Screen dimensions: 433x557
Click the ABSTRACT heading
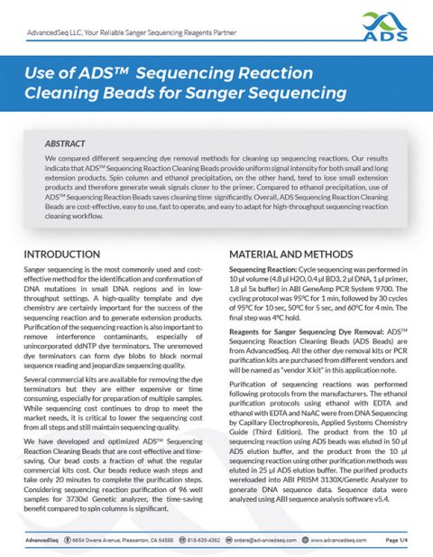click(x=68, y=143)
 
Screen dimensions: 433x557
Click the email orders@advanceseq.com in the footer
click(x=283, y=539)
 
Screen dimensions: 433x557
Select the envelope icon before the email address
click(x=243, y=539)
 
